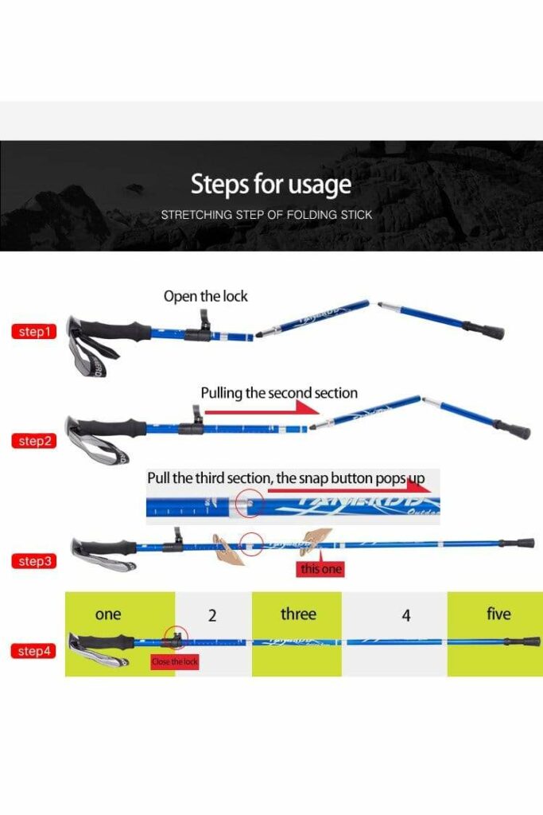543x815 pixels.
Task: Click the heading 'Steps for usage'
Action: coord(270,185)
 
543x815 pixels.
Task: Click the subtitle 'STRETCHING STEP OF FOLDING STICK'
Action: coord(266,215)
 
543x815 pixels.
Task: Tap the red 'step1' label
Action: coord(34,332)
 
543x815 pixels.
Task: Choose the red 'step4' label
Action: coord(34,651)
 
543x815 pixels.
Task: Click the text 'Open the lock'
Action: coord(205,296)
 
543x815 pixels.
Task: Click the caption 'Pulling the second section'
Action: coord(279,393)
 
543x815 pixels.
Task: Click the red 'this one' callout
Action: coord(320,569)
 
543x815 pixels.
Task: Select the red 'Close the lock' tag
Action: coord(175,662)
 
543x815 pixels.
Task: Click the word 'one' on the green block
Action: coord(108,614)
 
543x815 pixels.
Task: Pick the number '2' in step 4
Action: coord(212,615)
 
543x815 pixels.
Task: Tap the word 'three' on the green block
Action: coord(298,614)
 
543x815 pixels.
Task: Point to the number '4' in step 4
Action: coord(406,615)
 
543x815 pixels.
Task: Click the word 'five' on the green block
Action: coord(498,614)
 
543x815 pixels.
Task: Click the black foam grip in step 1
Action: coord(120,330)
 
